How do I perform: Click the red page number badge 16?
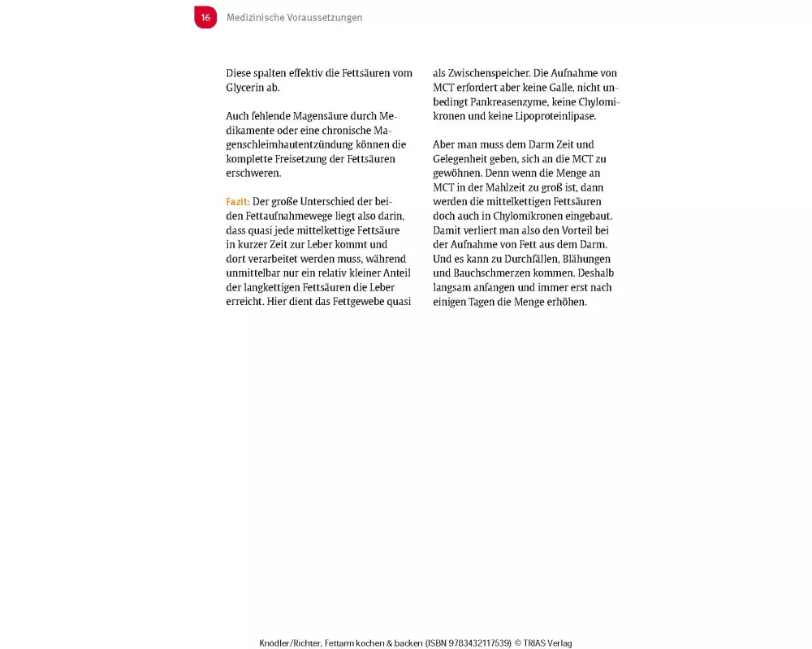tap(205, 17)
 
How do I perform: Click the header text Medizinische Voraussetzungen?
tap(294, 18)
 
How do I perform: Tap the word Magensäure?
tap(319, 116)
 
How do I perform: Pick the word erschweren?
tap(253, 174)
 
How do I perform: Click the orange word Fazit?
tap(237, 202)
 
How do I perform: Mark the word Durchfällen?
tap(521, 259)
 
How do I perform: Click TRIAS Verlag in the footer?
tap(548, 643)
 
